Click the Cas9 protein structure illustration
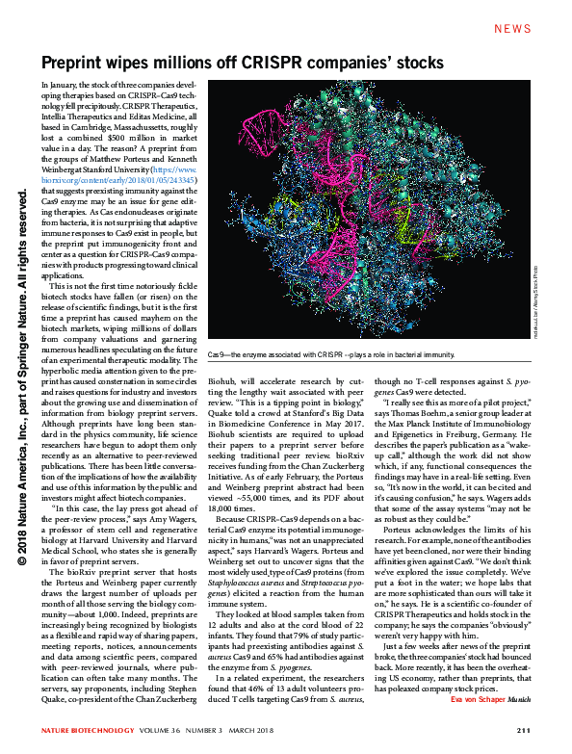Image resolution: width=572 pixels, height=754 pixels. click(x=366, y=212)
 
